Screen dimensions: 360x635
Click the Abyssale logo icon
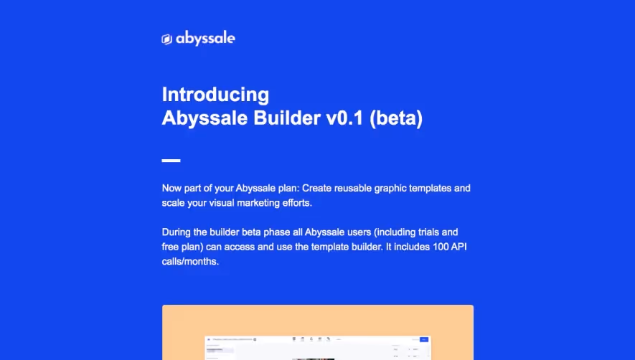pos(166,39)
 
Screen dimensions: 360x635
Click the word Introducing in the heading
pos(215,95)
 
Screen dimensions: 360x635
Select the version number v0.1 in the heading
pos(339,119)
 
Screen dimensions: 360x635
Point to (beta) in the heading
pos(396,119)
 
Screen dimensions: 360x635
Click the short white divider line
pos(171,161)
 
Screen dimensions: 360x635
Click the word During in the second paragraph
pos(177,232)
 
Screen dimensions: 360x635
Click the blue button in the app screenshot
pos(423,339)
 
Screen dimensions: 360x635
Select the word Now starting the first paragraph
pos(172,189)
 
